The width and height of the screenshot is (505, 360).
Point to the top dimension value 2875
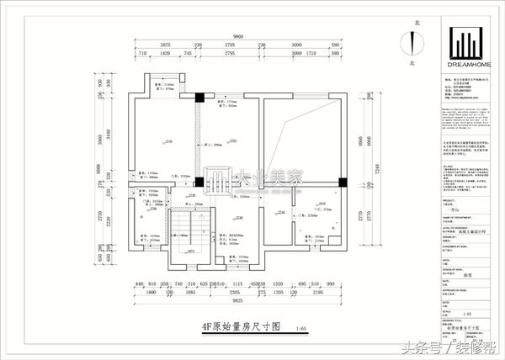tap(165, 44)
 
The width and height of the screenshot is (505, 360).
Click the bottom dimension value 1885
tap(190, 291)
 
